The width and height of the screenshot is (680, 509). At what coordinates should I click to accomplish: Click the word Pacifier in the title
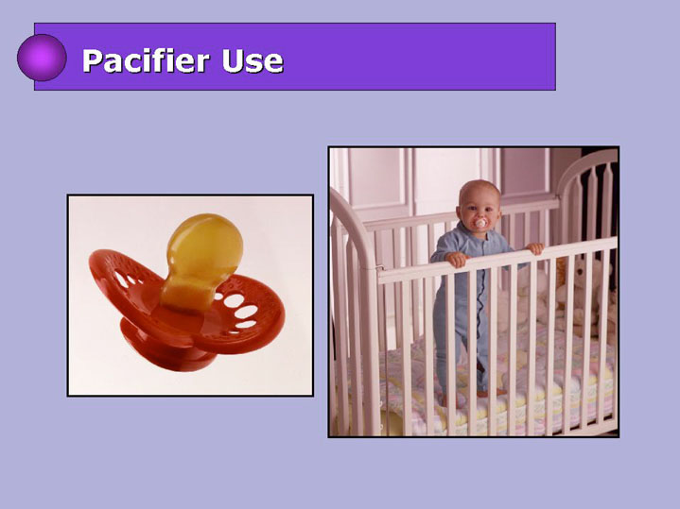tap(147, 60)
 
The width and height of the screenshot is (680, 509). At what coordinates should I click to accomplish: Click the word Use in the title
tap(253, 61)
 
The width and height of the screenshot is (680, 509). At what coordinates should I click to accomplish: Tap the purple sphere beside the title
tap(42, 58)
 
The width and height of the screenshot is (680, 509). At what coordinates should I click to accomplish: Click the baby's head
tap(479, 203)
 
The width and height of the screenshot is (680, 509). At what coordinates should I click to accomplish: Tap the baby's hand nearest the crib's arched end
tap(535, 248)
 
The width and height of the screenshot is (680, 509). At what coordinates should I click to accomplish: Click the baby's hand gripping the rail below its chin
tap(457, 259)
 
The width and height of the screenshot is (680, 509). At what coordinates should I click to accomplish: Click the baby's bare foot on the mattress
tap(492, 393)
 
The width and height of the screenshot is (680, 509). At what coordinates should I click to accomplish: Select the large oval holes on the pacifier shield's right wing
tap(240, 311)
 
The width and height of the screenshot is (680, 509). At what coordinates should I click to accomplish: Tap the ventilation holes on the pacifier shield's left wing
tap(127, 279)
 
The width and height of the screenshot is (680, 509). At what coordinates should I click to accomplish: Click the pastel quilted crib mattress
tap(498, 382)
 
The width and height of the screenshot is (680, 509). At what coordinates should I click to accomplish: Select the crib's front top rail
tap(497, 260)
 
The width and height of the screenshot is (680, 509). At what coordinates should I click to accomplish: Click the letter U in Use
tap(232, 61)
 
